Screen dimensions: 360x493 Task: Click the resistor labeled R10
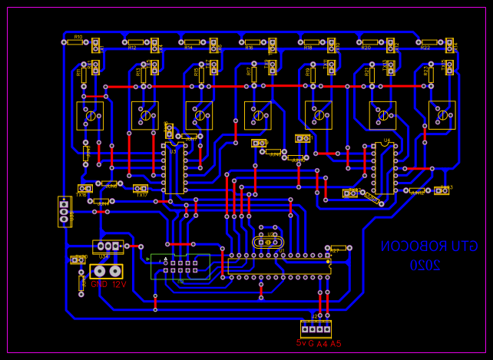click(x=75, y=42)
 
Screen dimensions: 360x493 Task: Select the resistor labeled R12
click(x=137, y=43)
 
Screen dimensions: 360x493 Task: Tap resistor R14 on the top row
click(x=192, y=43)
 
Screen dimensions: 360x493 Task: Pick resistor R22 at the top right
click(x=429, y=43)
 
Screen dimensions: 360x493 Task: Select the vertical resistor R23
click(x=430, y=74)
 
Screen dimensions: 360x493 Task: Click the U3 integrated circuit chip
click(x=174, y=167)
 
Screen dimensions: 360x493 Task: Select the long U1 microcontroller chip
click(x=279, y=266)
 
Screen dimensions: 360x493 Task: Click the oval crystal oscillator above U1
click(x=267, y=242)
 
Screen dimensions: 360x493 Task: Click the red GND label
click(x=98, y=284)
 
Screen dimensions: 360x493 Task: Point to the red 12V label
click(x=119, y=284)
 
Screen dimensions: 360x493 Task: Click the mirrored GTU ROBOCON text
click(x=429, y=246)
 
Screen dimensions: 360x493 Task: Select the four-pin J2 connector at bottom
click(x=316, y=329)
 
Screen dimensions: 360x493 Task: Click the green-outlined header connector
click(x=180, y=266)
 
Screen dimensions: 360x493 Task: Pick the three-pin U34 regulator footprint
click(x=108, y=246)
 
